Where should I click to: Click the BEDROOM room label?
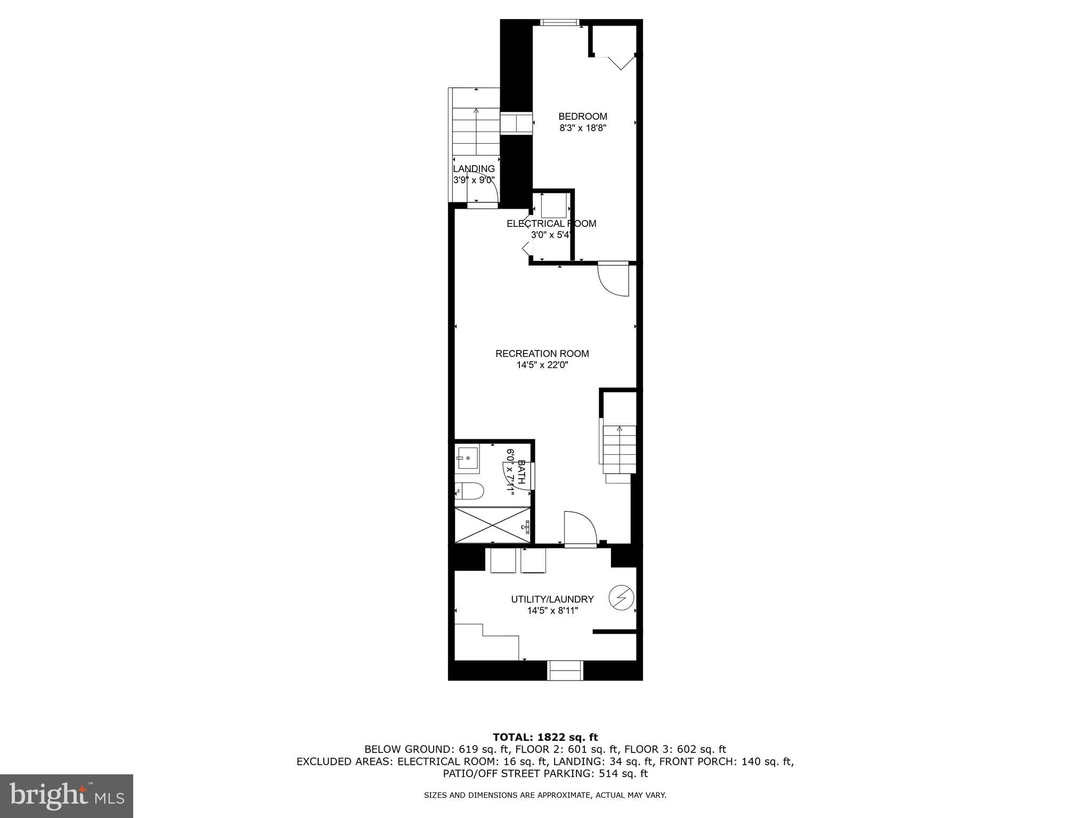(582, 117)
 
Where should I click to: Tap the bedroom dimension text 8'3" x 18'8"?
(582, 128)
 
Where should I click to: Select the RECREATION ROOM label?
(542, 354)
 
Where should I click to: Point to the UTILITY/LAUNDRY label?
(552, 599)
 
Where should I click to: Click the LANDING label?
(474, 169)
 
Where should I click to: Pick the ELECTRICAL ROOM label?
(551, 224)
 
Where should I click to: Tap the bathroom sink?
(467, 457)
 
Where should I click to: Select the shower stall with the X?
(493, 526)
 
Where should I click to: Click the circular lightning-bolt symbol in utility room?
(621, 598)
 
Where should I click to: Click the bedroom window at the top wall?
(559, 22)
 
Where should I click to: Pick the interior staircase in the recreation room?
(619, 450)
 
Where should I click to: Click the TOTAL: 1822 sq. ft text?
(545, 738)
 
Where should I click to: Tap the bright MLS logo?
(67, 796)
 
